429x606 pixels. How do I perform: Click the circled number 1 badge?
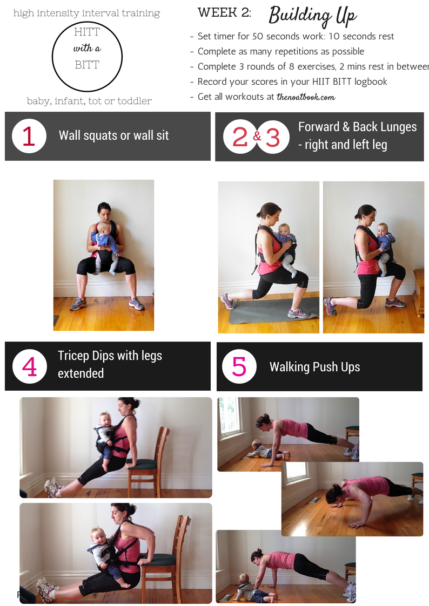pos(29,136)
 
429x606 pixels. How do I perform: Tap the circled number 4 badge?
pos(29,366)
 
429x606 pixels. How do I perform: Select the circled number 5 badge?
pos(239,366)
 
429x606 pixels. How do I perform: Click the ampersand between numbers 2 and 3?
pos(257,136)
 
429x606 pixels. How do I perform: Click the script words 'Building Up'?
pos(312,16)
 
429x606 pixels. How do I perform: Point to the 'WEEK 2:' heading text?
pos(224,12)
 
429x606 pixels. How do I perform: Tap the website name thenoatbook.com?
pos(306,97)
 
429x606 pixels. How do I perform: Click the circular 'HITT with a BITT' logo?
pos(87,57)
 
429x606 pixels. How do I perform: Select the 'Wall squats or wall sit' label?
pos(113,135)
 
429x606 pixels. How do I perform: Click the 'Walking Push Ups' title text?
pos(315,367)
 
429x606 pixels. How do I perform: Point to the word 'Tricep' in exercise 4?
pos(73,356)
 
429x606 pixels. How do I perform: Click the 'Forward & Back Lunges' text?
pos(358,127)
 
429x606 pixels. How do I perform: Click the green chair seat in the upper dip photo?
pos(141,464)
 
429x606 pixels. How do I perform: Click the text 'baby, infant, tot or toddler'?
pos(89,101)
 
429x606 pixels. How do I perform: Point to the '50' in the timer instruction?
pos(258,36)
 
